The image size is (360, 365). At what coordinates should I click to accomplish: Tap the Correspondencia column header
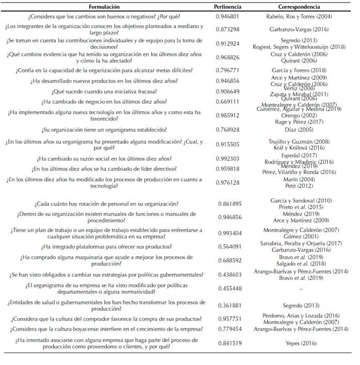299,7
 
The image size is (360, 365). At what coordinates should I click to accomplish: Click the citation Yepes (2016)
299,343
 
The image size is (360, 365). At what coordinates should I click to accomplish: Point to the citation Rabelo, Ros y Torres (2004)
299,17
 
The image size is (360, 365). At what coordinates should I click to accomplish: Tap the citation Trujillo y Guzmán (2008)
299,141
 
